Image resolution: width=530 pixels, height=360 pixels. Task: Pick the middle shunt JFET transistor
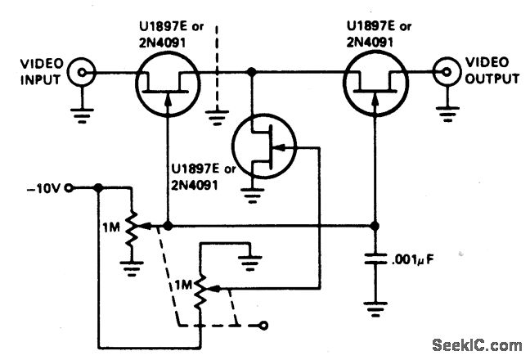262,147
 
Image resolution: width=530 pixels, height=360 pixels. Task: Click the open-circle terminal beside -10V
70,187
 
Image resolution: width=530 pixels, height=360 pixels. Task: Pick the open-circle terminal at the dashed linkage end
263,326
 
